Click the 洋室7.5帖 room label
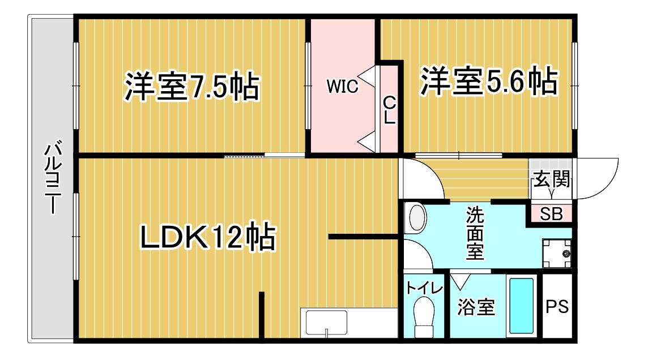[x=192, y=87]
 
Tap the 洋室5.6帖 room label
[x=489, y=82]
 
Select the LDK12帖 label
[x=208, y=237]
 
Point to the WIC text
[x=342, y=86]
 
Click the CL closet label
[x=389, y=110]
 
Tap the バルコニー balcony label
[x=53, y=178]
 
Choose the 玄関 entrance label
[x=552, y=179]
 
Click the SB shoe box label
[x=551, y=215]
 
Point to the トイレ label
[x=424, y=288]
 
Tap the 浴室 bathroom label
[x=476, y=307]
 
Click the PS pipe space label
[x=557, y=307]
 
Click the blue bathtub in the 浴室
[x=522, y=306]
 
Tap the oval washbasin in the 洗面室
[x=417, y=216]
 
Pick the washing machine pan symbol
[x=557, y=253]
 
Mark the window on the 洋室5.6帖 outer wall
[x=574, y=85]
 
